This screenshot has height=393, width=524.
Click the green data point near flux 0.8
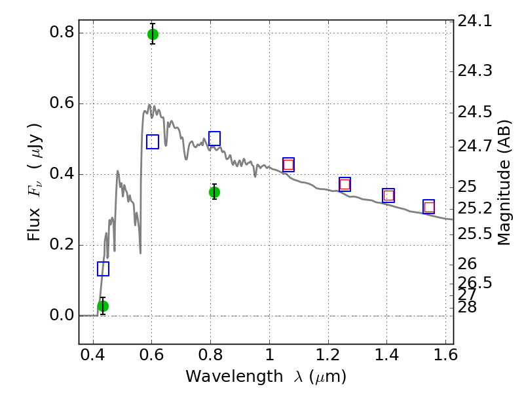(153, 34)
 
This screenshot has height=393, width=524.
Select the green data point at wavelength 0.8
(215, 192)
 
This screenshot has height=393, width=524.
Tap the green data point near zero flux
(103, 306)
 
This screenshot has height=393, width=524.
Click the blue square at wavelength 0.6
(153, 141)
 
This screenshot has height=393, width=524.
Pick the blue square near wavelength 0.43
(103, 269)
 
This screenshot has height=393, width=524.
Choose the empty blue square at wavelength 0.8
(215, 138)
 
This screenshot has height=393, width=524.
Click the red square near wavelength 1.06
(288, 165)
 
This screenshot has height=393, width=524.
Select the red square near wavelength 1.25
(345, 185)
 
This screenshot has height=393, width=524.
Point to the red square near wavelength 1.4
(388, 195)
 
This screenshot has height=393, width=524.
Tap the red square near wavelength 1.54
(429, 207)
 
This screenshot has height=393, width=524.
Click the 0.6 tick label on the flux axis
(62, 103)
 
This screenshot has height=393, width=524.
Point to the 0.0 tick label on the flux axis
(62, 315)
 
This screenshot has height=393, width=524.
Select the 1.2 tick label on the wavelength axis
(328, 355)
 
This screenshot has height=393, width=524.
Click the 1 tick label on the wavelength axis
(270, 355)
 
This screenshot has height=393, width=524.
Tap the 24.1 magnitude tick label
(474, 21)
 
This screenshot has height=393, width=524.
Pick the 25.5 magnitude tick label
(474, 234)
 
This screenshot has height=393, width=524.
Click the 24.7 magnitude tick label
(474, 146)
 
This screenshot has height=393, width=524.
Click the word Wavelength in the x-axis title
(234, 377)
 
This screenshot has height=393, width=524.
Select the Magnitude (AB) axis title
(504, 183)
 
